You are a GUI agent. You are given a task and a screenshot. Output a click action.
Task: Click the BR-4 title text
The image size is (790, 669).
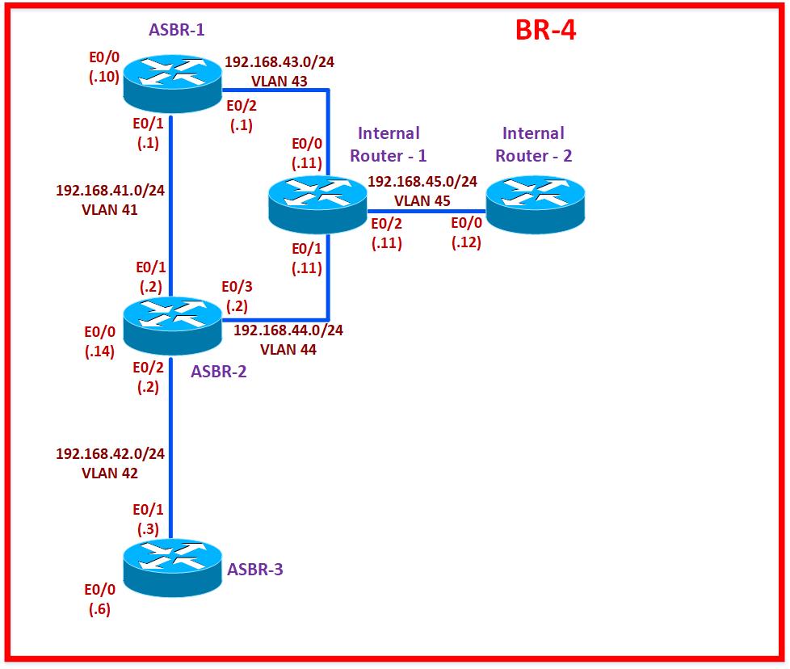(545, 31)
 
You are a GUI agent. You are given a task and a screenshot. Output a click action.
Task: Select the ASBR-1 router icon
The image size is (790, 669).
(173, 78)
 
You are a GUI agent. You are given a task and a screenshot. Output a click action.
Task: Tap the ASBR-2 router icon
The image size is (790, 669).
(172, 327)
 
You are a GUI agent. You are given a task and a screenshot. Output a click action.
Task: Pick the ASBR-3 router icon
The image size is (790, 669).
(173, 567)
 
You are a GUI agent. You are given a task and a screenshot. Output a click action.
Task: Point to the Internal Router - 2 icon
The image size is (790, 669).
(535, 204)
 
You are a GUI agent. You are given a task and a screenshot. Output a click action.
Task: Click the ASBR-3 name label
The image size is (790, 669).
(255, 570)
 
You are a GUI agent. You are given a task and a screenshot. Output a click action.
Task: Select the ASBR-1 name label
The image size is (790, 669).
(177, 30)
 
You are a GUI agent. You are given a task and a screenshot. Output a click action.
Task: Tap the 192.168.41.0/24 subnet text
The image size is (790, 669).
(111, 191)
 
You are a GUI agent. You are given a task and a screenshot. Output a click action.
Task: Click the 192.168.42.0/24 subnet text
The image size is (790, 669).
(111, 454)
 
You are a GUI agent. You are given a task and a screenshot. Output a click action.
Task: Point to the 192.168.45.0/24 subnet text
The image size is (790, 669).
(422, 182)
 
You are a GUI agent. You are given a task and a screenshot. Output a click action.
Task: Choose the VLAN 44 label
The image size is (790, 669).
(288, 349)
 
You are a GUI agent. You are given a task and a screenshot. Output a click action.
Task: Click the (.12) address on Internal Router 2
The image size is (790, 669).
(466, 242)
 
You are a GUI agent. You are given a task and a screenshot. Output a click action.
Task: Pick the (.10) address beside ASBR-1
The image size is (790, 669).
(105, 78)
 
